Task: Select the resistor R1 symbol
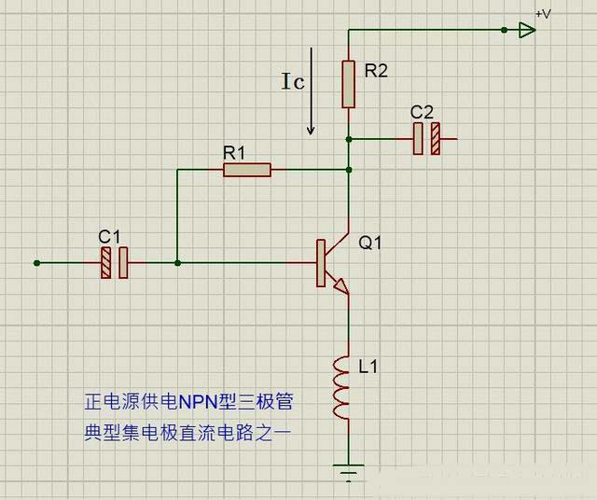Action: click(x=247, y=170)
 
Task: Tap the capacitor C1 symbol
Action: click(x=115, y=263)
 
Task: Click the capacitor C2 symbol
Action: click(x=427, y=140)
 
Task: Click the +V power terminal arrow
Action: click(x=527, y=30)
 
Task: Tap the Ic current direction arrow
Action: click(x=312, y=104)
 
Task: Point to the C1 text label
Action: click(x=109, y=236)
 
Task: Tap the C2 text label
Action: click(x=422, y=112)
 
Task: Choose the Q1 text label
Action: click(x=370, y=243)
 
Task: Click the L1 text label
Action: click(x=368, y=368)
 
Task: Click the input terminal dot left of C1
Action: click(x=36, y=263)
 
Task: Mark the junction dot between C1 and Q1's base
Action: click(x=178, y=263)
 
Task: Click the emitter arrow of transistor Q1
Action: click(x=342, y=288)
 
